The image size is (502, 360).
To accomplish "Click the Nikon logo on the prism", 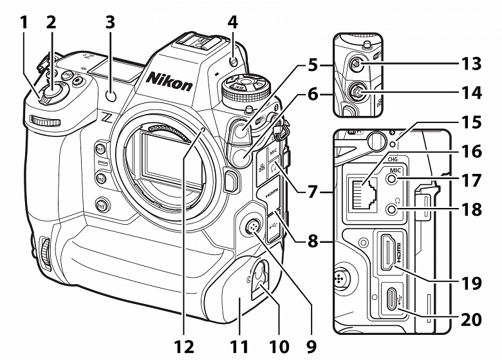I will coord(169,81).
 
